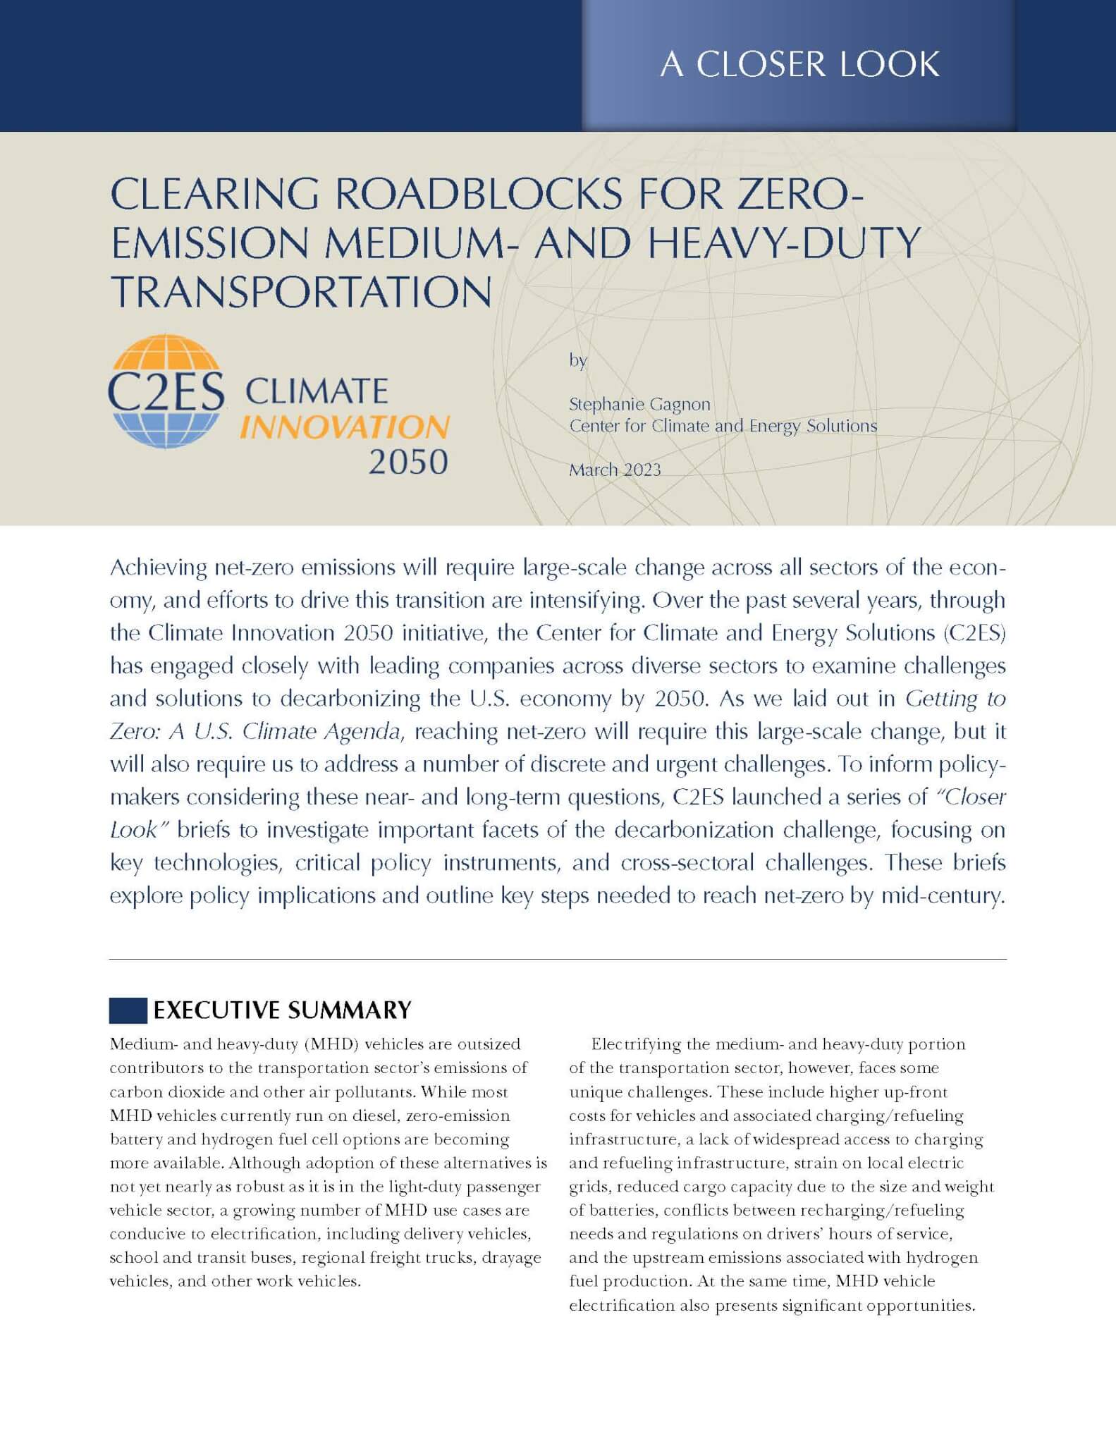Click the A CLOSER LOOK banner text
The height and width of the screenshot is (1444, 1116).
(x=799, y=64)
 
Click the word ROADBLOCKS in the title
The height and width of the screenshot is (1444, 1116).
(x=478, y=194)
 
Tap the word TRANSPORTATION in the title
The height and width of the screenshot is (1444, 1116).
(x=301, y=291)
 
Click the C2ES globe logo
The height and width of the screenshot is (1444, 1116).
(x=166, y=391)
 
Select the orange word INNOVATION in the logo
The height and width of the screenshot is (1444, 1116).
(x=344, y=427)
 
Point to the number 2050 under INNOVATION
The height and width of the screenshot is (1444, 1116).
(x=408, y=463)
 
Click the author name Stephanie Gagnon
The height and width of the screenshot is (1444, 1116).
(x=639, y=405)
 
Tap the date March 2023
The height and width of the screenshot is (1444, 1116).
(x=615, y=470)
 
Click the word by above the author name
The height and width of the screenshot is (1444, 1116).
(x=577, y=361)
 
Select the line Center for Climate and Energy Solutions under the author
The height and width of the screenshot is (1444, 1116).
(x=723, y=426)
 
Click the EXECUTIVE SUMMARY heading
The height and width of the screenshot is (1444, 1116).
(x=282, y=1010)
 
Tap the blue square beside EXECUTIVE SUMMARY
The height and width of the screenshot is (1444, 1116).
(x=128, y=1010)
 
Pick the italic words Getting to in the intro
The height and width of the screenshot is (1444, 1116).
(x=955, y=699)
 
